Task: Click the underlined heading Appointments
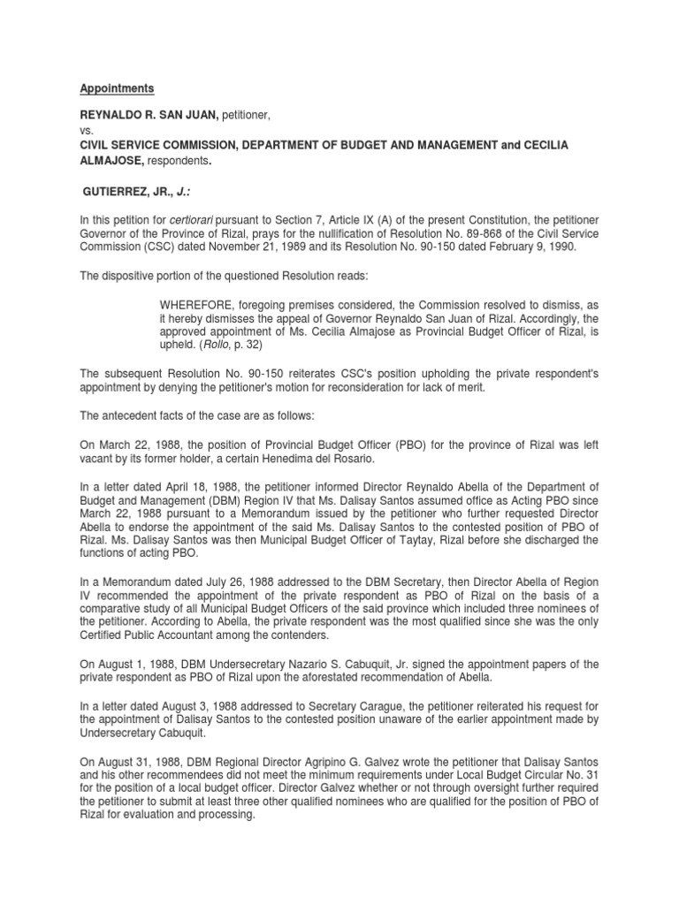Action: pos(118,89)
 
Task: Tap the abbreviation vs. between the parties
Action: pos(87,129)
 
